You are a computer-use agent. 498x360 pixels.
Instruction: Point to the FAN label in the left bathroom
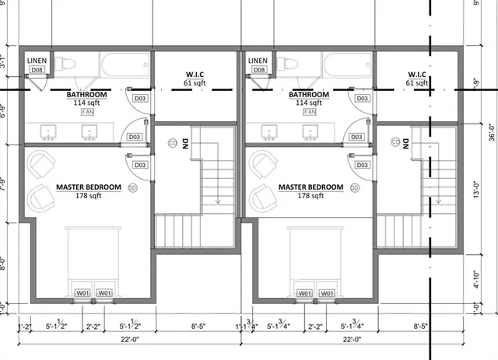[87, 112]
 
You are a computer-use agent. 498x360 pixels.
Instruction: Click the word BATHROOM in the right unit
[309, 94]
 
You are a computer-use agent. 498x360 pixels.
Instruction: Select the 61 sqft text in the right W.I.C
[417, 83]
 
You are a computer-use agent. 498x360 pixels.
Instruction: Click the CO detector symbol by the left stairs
[171, 142]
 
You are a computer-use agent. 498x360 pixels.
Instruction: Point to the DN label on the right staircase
[409, 143]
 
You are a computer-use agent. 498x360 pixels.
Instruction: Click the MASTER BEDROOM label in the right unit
[310, 187]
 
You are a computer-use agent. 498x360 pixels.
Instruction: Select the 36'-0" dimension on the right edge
[489, 132]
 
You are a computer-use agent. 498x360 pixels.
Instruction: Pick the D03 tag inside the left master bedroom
[140, 166]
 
